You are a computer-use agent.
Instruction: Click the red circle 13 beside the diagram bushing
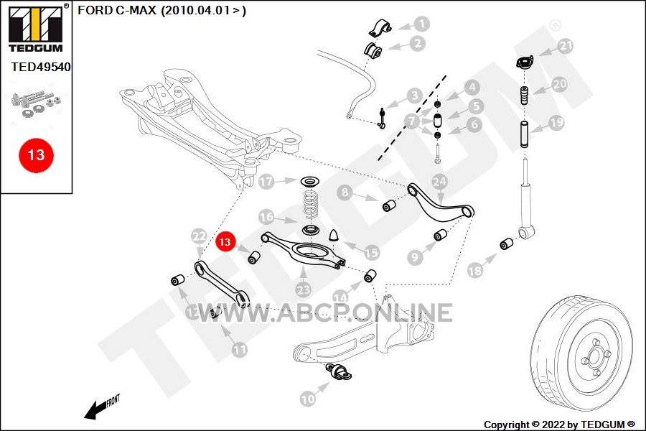pos(225,241)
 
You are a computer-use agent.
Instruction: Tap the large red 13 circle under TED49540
pos(36,155)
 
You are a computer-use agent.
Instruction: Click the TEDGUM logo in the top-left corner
pos(36,28)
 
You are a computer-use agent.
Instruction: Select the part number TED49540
pos(41,67)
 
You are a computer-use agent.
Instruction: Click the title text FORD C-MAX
pos(117,10)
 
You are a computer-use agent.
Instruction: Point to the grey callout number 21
pos(566,46)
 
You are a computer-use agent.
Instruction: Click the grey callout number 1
pos(421,24)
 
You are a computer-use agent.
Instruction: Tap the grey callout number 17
pos(266,182)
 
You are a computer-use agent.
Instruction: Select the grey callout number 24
pos(439,182)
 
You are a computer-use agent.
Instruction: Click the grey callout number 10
pos(308,399)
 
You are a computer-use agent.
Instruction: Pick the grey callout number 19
pos(556,123)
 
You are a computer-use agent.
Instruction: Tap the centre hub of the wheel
pos(595,354)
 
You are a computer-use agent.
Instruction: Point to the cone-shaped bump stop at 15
pos(334,234)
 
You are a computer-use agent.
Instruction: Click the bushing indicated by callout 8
pos(389,205)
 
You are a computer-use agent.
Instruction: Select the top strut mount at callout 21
pos(525,62)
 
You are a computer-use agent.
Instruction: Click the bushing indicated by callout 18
pos(506,244)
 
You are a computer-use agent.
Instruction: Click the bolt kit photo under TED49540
pos(37,104)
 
